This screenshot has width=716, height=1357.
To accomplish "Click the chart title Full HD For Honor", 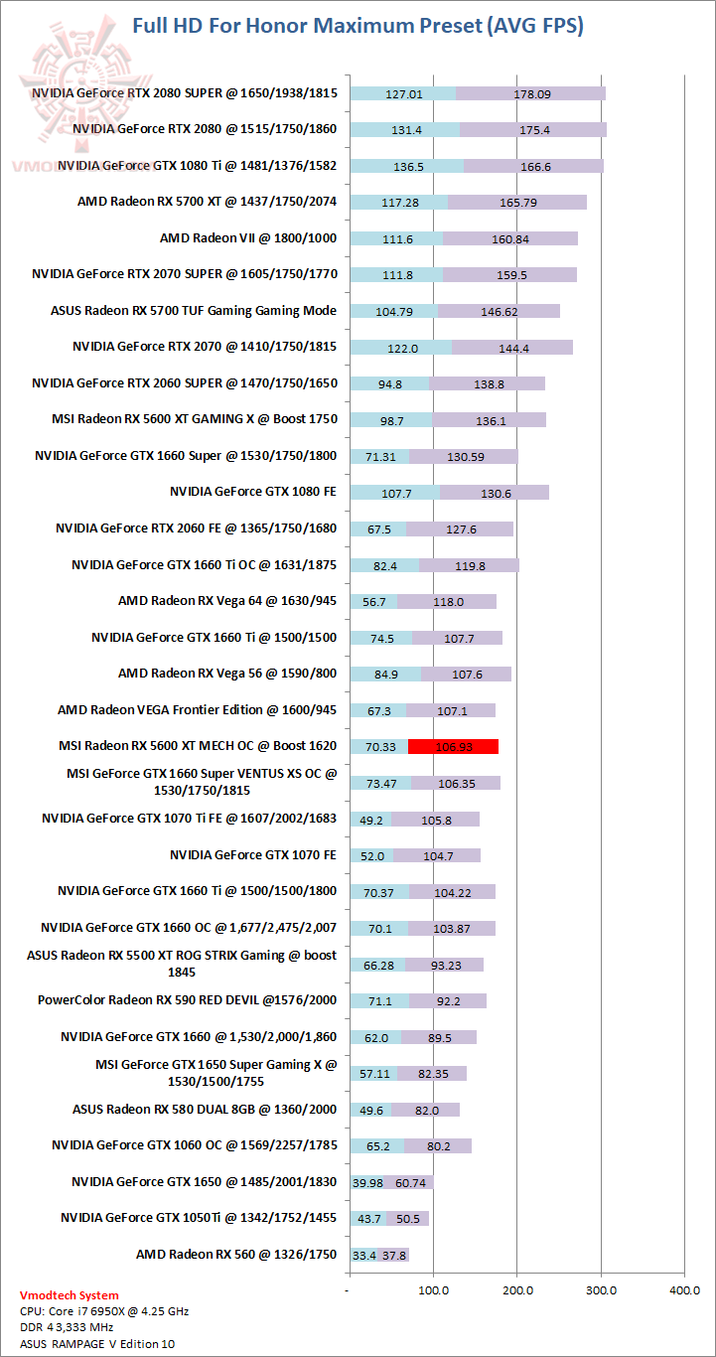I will click(358, 26).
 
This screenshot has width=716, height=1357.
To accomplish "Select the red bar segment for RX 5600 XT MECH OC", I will click(453, 747).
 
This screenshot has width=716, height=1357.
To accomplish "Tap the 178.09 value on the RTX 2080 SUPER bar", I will click(532, 94).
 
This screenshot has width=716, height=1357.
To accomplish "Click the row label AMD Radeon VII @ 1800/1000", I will click(247, 238).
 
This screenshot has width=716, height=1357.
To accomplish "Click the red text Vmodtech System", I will click(69, 1294).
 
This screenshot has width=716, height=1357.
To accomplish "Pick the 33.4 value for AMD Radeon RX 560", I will click(363, 1256).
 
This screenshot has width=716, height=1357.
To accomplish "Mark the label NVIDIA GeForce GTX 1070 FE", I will click(253, 854).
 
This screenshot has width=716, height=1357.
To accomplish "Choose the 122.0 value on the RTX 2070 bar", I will click(400, 348).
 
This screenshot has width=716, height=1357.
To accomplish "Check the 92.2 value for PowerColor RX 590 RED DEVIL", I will click(447, 1001).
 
